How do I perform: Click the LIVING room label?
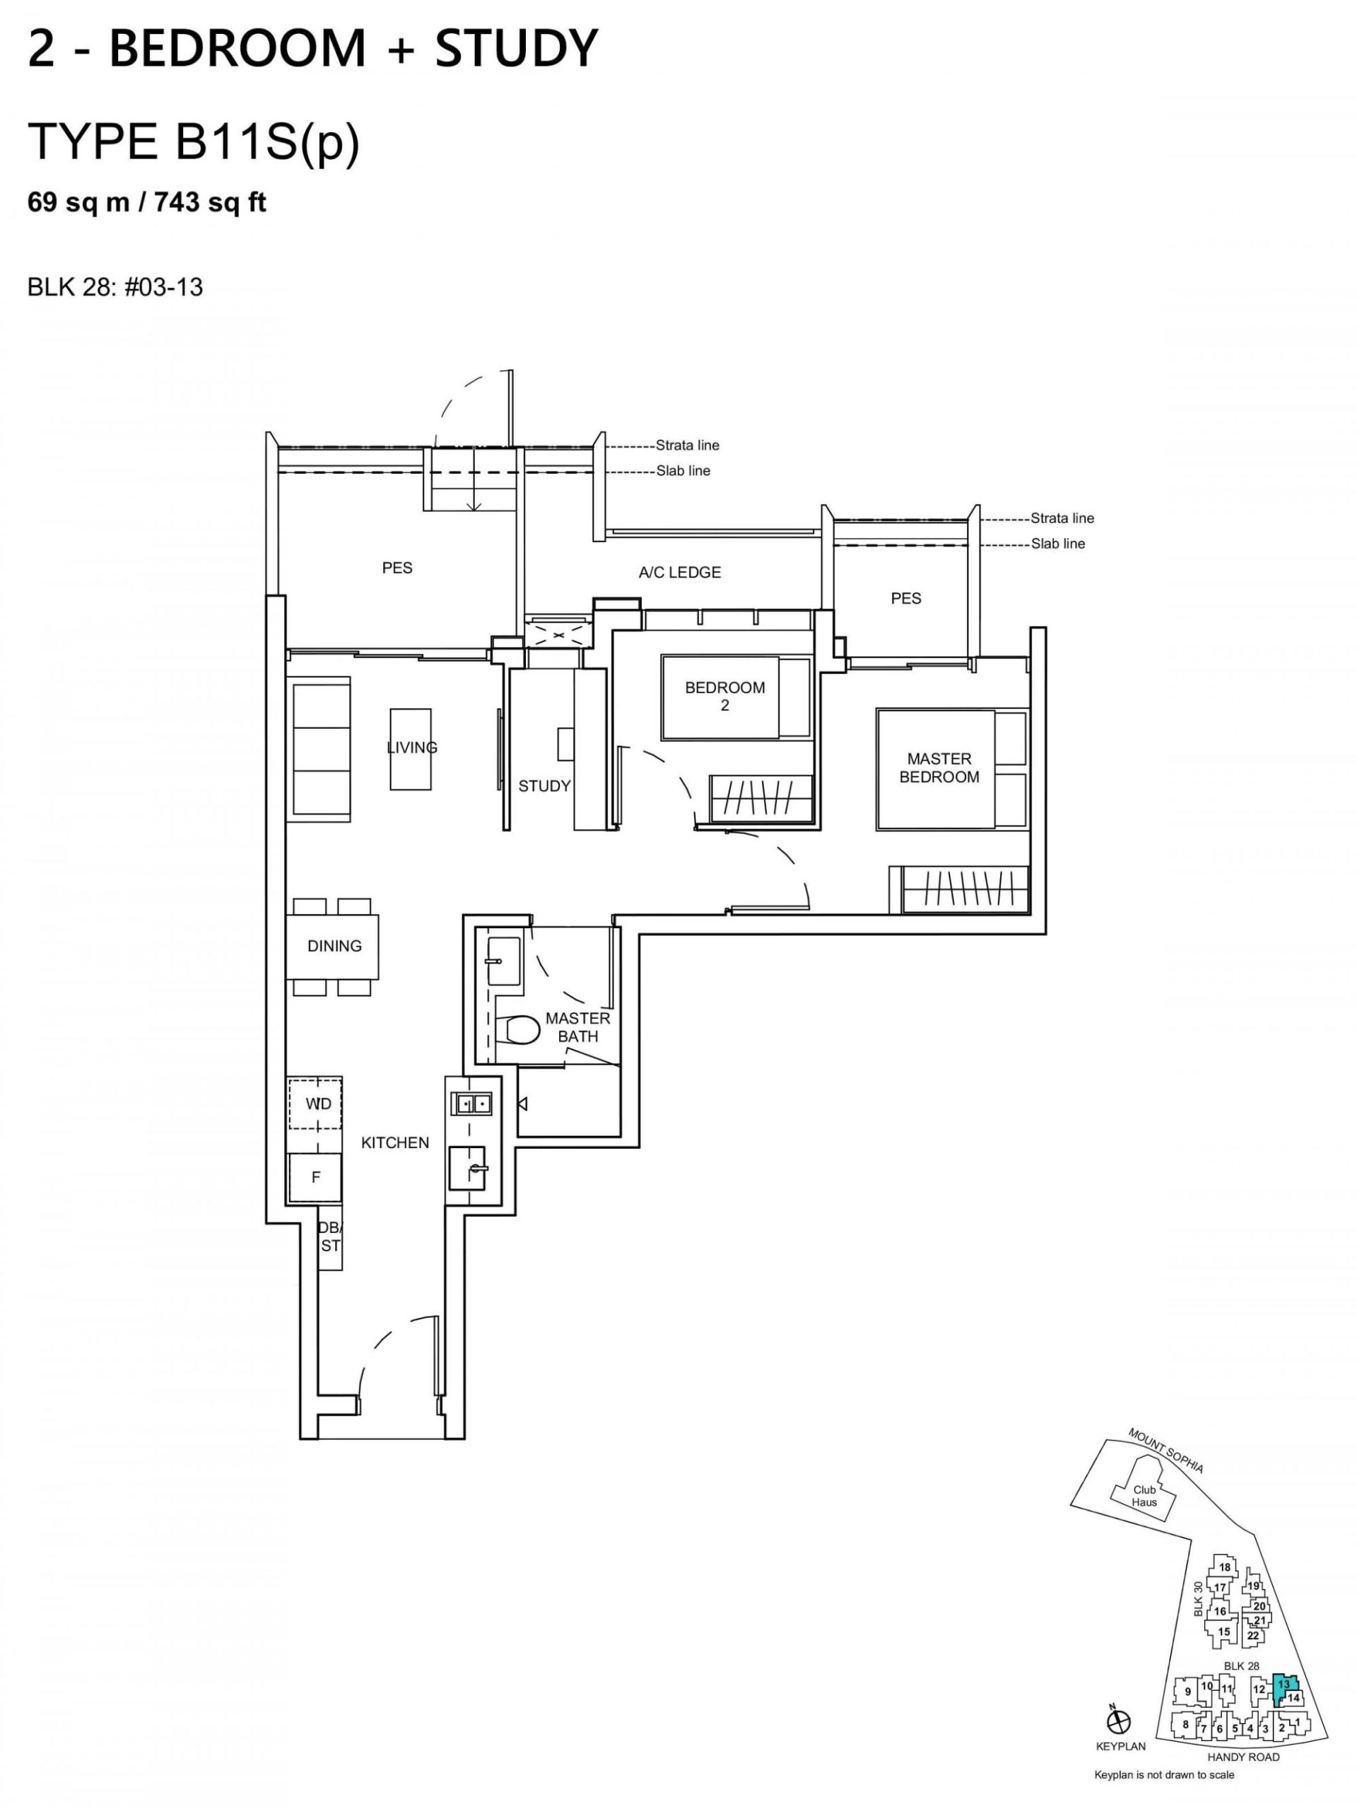click(412, 747)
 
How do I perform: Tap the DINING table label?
click(334, 947)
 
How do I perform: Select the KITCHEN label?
click(395, 1143)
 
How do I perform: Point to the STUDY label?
click(544, 787)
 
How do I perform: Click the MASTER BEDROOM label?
click(939, 768)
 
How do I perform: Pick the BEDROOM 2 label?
click(725, 696)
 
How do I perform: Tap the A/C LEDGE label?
click(680, 573)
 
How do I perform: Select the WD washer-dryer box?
click(315, 1103)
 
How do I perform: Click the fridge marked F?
click(315, 1178)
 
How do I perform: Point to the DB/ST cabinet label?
click(330, 1237)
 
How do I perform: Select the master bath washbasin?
click(497, 959)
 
